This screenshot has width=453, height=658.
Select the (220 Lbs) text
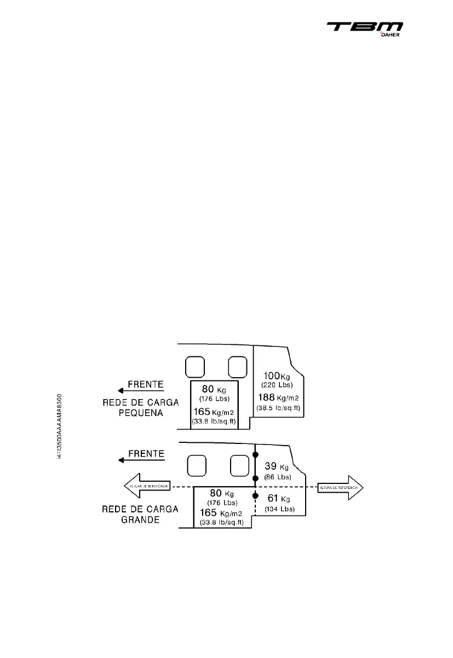tap(278, 385)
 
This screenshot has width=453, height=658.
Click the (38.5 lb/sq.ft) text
tap(278, 408)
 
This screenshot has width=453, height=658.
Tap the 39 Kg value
tap(276, 467)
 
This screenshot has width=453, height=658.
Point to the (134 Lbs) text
tap(279, 509)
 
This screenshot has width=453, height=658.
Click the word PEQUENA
tap(141, 413)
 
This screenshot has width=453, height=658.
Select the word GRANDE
tap(140, 520)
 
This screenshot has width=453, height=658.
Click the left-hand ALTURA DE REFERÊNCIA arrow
tap(142, 486)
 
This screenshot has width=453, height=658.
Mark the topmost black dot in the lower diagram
tap(255, 455)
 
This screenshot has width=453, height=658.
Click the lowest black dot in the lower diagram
tap(255, 495)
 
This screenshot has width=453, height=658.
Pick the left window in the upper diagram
tap(195, 367)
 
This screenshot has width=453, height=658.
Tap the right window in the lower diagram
tap(239, 466)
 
